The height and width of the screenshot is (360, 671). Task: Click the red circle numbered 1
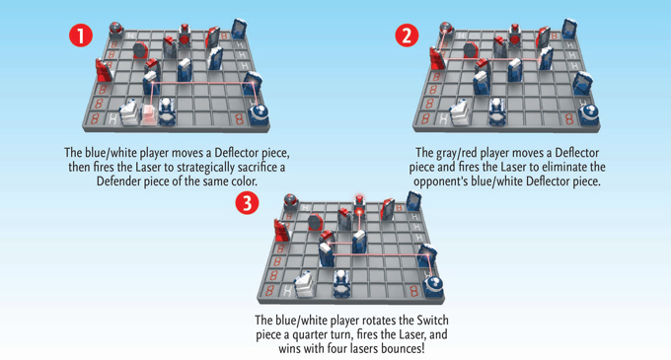click(x=81, y=36)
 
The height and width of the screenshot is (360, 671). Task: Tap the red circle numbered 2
click(x=407, y=36)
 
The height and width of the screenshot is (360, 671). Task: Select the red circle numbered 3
click(x=248, y=202)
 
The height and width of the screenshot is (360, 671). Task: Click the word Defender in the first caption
click(x=118, y=181)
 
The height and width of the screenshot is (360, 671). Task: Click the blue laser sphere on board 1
click(x=259, y=113)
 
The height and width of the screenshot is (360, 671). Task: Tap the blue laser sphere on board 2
click(x=589, y=114)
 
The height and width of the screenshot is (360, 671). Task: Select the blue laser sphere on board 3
click(x=433, y=286)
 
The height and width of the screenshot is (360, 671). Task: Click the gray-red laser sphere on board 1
click(x=116, y=29)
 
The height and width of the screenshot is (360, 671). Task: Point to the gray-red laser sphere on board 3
click(x=291, y=200)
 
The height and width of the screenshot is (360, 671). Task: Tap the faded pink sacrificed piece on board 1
click(x=148, y=114)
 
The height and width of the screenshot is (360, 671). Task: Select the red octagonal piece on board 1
click(x=140, y=50)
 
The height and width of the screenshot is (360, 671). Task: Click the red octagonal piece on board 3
click(x=315, y=222)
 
